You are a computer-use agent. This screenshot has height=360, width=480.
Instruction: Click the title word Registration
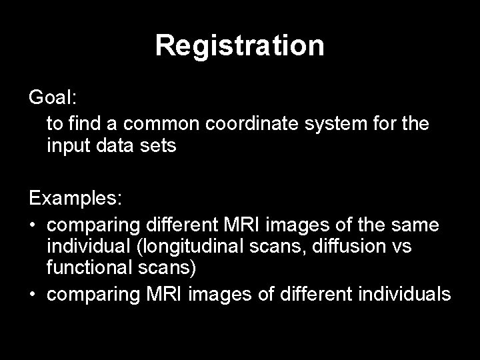point(240,46)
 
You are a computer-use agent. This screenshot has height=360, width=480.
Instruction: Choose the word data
point(119,146)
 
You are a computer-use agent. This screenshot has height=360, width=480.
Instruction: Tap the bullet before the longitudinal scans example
point(33,226)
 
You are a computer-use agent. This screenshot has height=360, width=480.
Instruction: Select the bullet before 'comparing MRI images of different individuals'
point(33,294)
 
